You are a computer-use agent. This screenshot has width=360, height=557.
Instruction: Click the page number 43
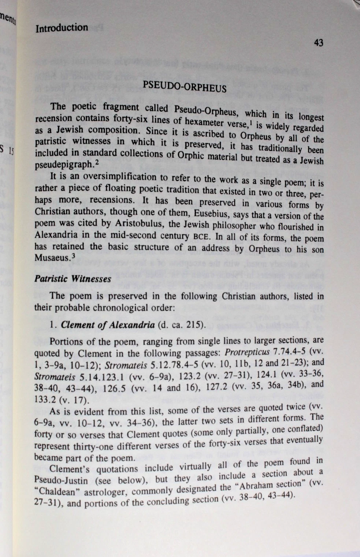pos(319,43)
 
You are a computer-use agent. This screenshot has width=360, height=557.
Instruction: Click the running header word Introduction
pos(62,28)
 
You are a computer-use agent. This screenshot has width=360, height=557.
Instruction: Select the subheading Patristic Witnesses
pos(73,279)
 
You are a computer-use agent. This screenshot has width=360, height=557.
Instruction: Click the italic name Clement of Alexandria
pos(108,325)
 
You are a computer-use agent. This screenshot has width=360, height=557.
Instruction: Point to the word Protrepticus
pos(248,352)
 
